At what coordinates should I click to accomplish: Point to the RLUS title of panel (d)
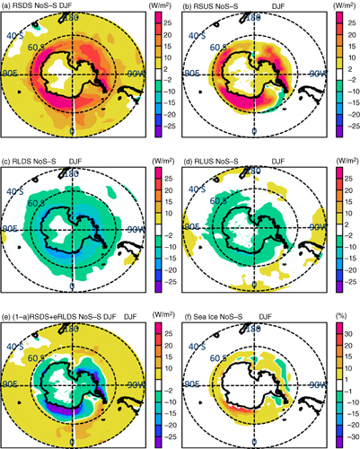pyautogui.click(x=224, y=160)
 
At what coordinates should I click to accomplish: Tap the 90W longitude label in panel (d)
pyautogui.click(x=311, y=226)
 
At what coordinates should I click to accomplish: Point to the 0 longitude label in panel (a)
pyautogui.click(x=73, y=133)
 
